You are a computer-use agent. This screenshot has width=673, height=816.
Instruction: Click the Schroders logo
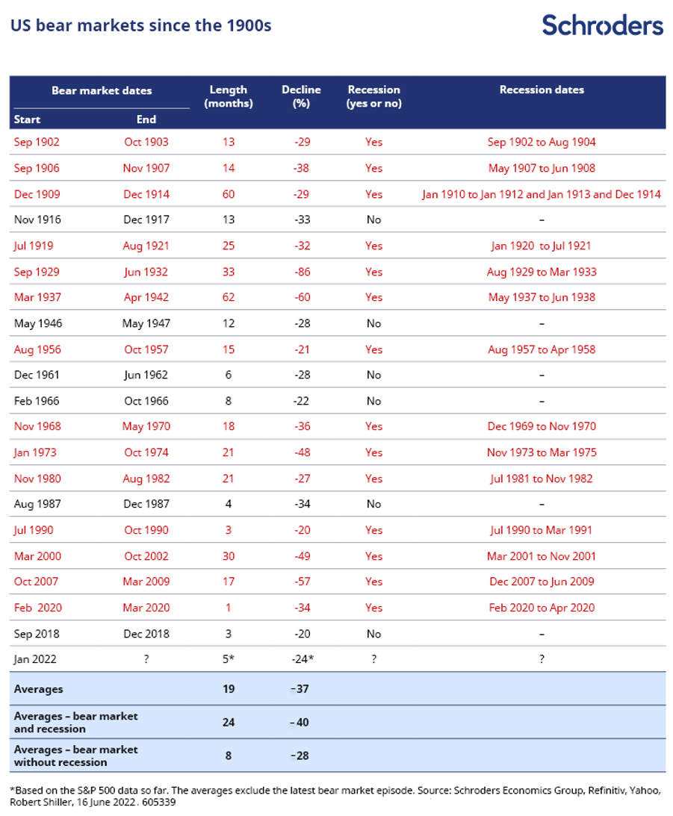click(x=602, y=25)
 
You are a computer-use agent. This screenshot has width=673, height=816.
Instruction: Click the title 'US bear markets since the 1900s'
click(x=140, y=26)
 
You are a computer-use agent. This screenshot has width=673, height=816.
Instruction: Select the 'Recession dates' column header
click(x=542, y=90)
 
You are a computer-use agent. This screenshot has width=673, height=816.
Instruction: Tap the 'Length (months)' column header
click(x=229, y=96)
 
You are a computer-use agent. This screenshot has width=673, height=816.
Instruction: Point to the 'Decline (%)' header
click(x=301, y=96)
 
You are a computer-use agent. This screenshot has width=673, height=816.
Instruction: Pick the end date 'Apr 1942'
click(x=146, y=297)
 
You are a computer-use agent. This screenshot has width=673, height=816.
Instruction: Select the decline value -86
click(x=301, y=272)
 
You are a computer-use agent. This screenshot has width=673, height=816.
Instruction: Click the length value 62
click(x=229, y=297)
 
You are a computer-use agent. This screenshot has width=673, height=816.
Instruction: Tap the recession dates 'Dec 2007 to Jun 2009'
click(x=542, y=582)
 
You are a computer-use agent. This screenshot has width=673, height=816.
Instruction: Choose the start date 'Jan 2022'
click(x=35, y=659)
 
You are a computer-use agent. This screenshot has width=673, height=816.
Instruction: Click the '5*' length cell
click(x=229, y=659)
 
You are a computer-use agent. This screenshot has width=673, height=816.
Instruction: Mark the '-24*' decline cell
click(x=302, y=659)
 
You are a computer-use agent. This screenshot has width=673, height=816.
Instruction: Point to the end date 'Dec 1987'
click(x=146, y=504)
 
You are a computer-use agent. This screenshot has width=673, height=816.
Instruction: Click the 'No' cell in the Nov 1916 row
click(x=373, y=219)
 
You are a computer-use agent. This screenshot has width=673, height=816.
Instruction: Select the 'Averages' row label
click(x=39, y=689)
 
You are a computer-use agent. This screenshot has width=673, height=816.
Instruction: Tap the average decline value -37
click(x=301, y=689)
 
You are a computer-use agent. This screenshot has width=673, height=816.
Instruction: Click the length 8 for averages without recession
click(x=229, y=756)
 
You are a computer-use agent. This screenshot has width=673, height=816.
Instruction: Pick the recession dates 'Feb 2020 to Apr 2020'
click(x=542, y=608)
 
